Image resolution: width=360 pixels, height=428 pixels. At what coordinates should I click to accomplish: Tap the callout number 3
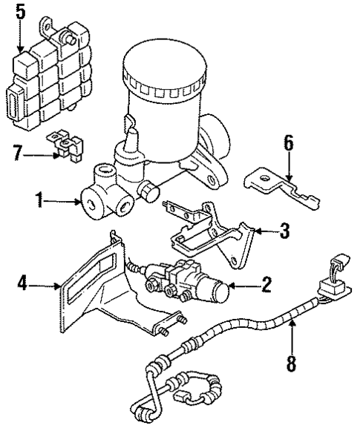pyautogui.click(x=285, y=231)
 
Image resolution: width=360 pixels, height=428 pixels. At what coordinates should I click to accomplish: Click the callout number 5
pyautogui.click(x=19, y=12)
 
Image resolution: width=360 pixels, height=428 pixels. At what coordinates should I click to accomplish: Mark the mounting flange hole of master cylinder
pyautogui.click(x=213, y=179)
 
